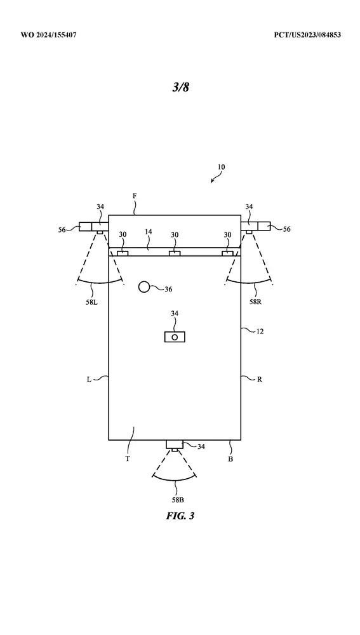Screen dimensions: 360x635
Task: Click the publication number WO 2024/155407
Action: pos(49,35)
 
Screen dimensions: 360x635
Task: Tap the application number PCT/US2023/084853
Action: pos(307,35)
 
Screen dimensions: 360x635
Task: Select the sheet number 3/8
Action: pos(180,87)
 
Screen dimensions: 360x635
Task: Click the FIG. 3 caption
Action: pos(180,516)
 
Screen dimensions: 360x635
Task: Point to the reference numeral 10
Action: pos(221,167)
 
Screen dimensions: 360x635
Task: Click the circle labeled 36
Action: pos(144,287)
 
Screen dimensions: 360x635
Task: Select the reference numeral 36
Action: pos(168,289)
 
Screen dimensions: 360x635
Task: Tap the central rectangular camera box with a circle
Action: pos(175,337)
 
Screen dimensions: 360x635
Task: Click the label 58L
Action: pos(91,302)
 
